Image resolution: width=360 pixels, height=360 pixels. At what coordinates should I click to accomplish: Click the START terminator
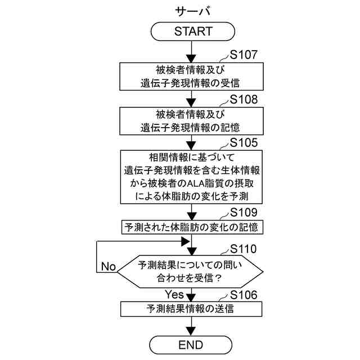coord(193,31)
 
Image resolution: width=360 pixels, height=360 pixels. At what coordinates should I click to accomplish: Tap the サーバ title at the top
coord(192,11)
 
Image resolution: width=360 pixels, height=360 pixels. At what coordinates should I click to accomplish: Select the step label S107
coord(244,55)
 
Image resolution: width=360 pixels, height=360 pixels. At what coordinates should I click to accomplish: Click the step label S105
coord(244,142)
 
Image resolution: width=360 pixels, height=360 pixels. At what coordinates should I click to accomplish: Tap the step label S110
coord(244,249)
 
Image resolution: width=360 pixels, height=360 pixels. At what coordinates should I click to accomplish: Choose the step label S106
coord(244,295)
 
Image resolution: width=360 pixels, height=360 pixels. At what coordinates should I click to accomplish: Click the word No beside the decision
coord(109,267)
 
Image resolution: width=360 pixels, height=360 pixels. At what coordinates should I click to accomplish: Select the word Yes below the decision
coord(174,294)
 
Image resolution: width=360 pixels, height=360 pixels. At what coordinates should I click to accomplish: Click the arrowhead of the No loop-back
coord(184,241)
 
